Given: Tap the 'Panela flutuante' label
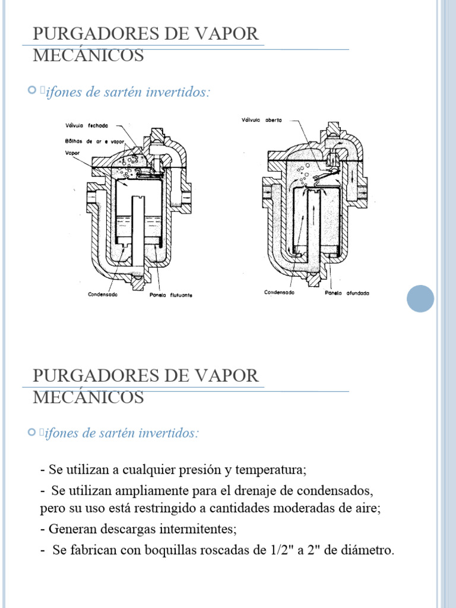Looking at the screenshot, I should click(x=171, y=294).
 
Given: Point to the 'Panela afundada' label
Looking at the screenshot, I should click(x=347, y=293).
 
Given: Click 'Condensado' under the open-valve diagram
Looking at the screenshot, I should click(x=280, y=292).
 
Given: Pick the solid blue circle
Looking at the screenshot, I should click(x=420, y=297).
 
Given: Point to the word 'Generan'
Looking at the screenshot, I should click(x=71, y=528).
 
